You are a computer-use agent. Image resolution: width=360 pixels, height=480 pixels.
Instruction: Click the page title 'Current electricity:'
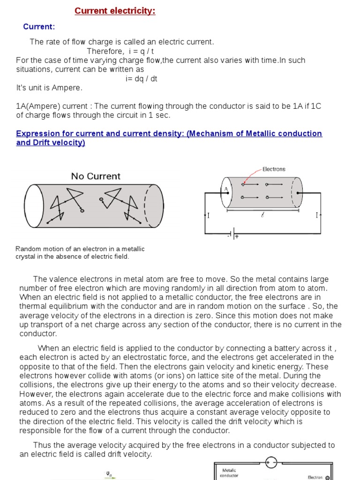115,11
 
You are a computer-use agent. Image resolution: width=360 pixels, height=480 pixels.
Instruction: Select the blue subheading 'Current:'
39,27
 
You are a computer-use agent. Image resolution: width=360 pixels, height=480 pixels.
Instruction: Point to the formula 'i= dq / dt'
141,78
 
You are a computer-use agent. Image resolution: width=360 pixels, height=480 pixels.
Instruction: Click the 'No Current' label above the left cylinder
96,176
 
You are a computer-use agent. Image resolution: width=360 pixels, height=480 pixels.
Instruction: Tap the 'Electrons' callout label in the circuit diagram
274,169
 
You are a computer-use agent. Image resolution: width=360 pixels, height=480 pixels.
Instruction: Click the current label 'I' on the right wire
317,216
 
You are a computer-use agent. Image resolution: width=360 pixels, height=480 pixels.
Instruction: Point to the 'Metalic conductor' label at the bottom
229,472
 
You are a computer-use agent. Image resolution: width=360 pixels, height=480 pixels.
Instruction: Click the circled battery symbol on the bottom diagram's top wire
271,462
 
